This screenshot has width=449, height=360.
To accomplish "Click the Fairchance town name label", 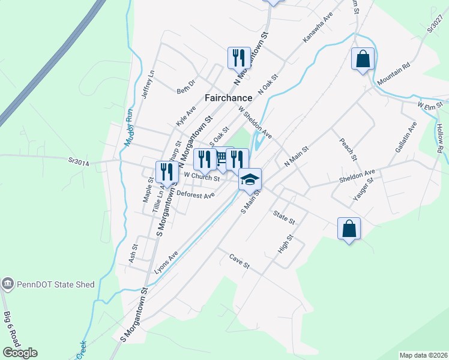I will pos(228,98).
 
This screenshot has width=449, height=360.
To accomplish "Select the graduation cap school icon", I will pos(250,178).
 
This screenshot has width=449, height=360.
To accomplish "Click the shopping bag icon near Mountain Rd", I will pos(363,59).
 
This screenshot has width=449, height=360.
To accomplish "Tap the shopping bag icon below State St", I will pos(349,228).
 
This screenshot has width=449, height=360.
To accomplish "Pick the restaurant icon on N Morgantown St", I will pos(239,58).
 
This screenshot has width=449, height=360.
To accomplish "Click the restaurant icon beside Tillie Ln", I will pos(166,172).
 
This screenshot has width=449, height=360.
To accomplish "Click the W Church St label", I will pos(202,176).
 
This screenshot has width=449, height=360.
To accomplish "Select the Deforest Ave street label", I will pos(196,195).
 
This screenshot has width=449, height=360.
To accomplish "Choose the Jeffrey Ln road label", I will pos(148,85).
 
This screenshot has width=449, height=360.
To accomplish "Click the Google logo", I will pos(20,353).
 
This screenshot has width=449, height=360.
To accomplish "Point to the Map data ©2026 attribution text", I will pos(423,355).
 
